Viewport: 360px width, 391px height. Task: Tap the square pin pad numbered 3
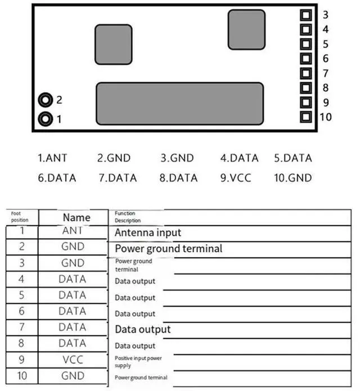coord(306,15)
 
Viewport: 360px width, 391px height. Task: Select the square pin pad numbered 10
coord(306,117)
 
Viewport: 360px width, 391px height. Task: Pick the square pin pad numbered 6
coord(306,59)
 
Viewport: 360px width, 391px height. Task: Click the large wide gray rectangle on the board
coord(179,104)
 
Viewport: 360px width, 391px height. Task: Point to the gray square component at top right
coord(246,29)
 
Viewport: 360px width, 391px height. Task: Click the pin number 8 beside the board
coord(326,87)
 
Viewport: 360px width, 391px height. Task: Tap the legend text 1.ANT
coord(53,158)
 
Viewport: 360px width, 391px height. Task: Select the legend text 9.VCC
coord(235,178)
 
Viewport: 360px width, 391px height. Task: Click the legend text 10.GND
coord(292,178)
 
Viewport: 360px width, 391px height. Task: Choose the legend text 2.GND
coord(114,158)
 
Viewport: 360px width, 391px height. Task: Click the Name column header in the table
coord(76,217)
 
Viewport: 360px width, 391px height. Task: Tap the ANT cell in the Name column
coord(73,231)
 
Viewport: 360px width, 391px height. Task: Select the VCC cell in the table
coord(73,359)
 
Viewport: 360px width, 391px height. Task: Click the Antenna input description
coord(148,232)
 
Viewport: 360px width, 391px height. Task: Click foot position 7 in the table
coord(22,327)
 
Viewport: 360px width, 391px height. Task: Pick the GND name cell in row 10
coord(73,375)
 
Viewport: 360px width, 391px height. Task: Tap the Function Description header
coord(128,217)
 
